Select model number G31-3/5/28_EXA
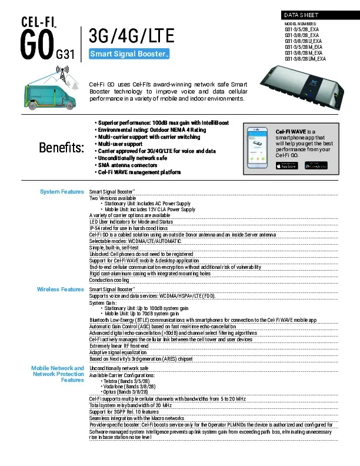[x=301, y=29]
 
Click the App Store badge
[x=287, y=165]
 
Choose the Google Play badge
[x=315, y=165]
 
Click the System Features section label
[x=61, y=192]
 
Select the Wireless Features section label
[x=60, y=289]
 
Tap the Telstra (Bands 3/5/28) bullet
[x=124, y=381]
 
